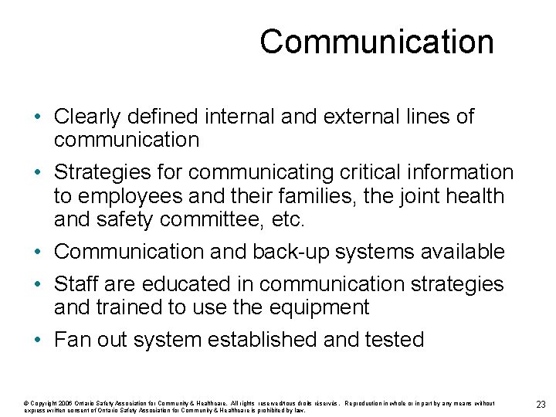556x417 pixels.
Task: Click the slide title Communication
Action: pyautogui.click(x=376, y=41)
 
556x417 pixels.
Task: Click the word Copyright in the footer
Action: pyautogui.click(x=43, y=403)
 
